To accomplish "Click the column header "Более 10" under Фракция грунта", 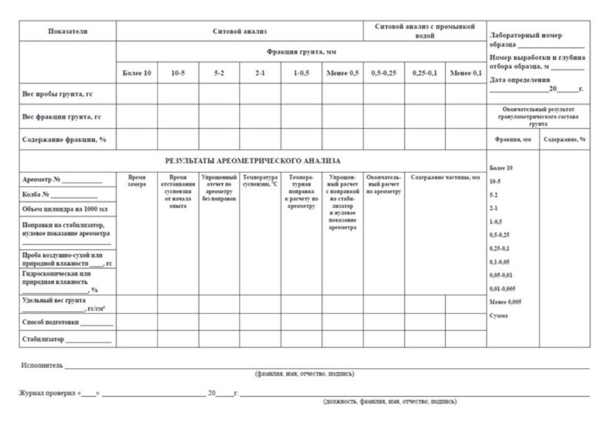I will click(x=136, y=73).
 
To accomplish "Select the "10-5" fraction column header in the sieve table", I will click(x=178, y=73).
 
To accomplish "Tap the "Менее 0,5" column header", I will click(x=342, y=73).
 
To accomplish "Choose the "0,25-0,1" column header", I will click(x=425, y=73).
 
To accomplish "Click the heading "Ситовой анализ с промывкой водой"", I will click(x=425, y=31).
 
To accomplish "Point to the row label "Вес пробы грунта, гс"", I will click(x=57, y=94).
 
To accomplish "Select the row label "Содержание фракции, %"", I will click(x=64, y=139).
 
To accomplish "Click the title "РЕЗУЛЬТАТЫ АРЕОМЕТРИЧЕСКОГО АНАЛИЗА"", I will click(x=253, y=161).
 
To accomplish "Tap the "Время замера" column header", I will click(x=137, y=181).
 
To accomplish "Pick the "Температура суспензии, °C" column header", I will click(x=260, y=181).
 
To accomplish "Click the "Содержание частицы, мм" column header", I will click(x=445, y=178).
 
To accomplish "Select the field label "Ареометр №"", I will click(x=41, y=179).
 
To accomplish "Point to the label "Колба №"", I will click(x=36, y=194).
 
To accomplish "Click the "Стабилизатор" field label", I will click(x=43, y=339).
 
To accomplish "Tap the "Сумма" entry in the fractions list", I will click(x=498, y=316).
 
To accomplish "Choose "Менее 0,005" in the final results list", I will click(x=505, y=302).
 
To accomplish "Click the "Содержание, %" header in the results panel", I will click(x=564, y=139).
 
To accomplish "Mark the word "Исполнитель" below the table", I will click(x=42, y=365).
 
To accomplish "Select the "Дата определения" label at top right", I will click(x=520, y=80).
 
